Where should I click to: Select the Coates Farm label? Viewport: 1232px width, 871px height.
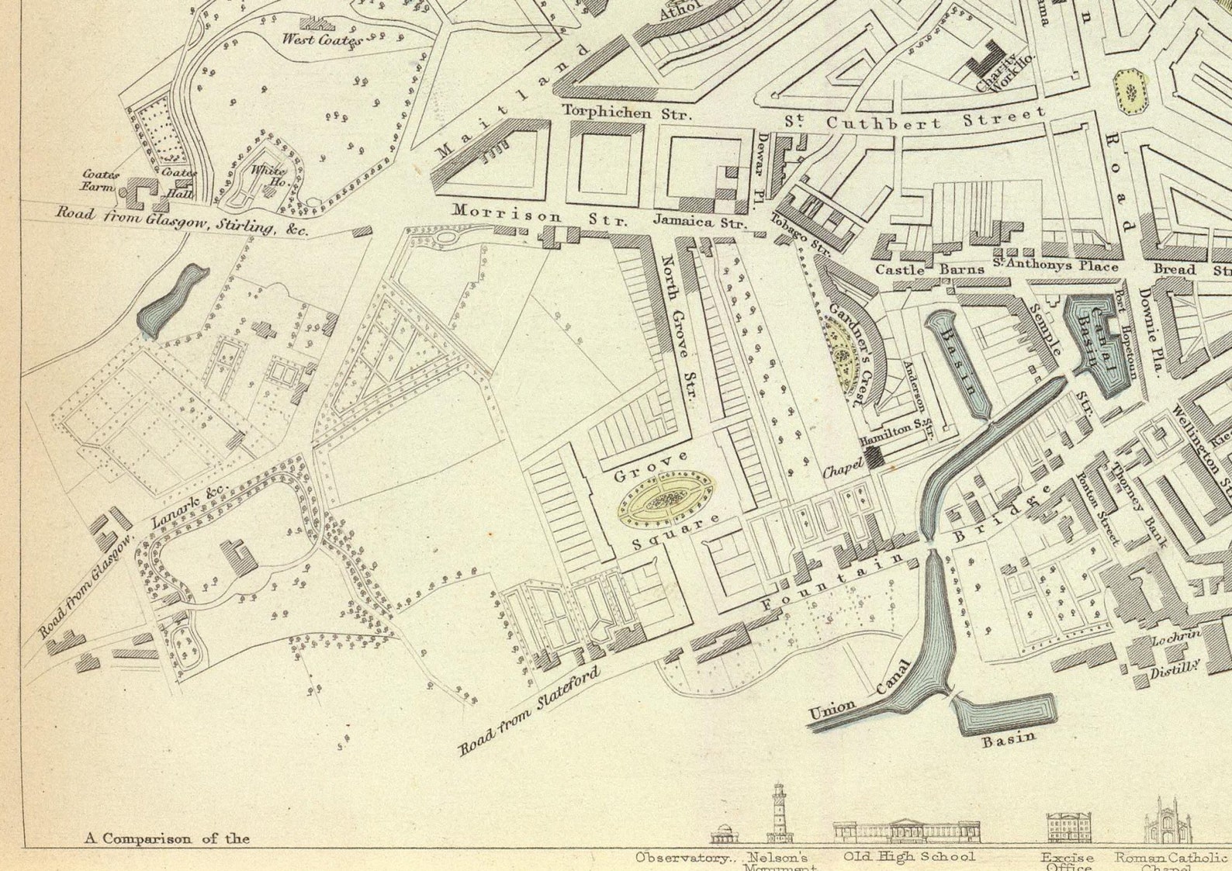(100, 181)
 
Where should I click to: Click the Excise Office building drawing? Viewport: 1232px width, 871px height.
(1068, 828)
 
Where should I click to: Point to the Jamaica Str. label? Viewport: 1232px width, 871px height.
(700, 221)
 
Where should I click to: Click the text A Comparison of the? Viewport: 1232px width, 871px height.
(167, 838)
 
